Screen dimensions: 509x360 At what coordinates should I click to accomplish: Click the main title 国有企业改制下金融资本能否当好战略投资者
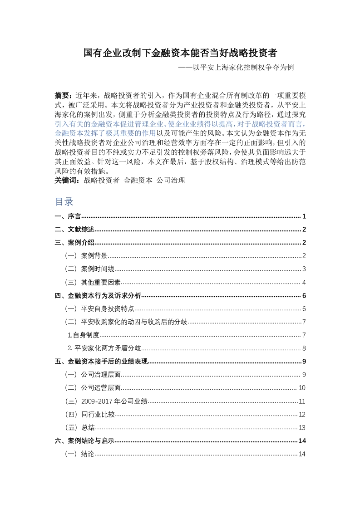click(x=180, y=53)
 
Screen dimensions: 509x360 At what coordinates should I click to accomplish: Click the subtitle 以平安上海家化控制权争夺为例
click(x=236, y=67)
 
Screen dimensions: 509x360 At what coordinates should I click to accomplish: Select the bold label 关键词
click(x=66, y=180)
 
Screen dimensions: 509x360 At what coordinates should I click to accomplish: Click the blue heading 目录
click(x=64, y=201)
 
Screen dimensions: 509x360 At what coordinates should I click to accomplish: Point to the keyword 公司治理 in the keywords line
click(x=171, y=180)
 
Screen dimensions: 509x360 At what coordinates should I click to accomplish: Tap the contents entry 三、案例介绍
click(x=74, y=243)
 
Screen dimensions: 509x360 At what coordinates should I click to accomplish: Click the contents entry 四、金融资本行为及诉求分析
click(x=98, y=296)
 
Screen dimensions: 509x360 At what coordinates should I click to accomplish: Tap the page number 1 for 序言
click(x=304, y=216)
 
